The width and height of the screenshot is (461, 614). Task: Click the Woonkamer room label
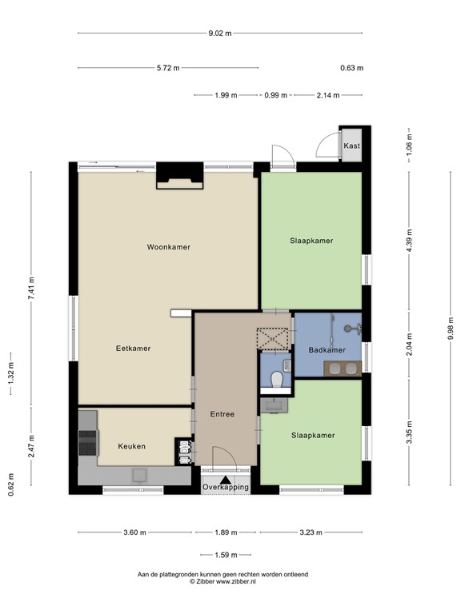169,247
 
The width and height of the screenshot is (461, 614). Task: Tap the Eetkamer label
134,349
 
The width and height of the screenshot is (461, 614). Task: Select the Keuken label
132,446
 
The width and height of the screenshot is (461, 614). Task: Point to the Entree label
222,414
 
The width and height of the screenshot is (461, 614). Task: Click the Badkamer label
327,350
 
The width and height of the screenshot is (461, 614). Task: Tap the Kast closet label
351,146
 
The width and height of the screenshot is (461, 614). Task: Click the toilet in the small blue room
277,379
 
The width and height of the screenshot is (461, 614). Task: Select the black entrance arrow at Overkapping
226,480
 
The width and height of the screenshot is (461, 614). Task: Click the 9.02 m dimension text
220,34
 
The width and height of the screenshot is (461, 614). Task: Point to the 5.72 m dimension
168,68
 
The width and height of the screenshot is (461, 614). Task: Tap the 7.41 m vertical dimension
31,288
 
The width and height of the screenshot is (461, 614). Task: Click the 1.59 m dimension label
226,555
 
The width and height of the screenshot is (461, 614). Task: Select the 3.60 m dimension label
134,532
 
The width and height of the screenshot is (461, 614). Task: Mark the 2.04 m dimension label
409,345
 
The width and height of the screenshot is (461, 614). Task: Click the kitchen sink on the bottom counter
139,476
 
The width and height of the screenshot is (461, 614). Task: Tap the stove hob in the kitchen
87,443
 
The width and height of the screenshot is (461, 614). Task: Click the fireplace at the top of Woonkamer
180,175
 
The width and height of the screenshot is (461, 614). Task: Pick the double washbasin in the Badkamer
343,369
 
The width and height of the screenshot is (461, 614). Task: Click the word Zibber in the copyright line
205,581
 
